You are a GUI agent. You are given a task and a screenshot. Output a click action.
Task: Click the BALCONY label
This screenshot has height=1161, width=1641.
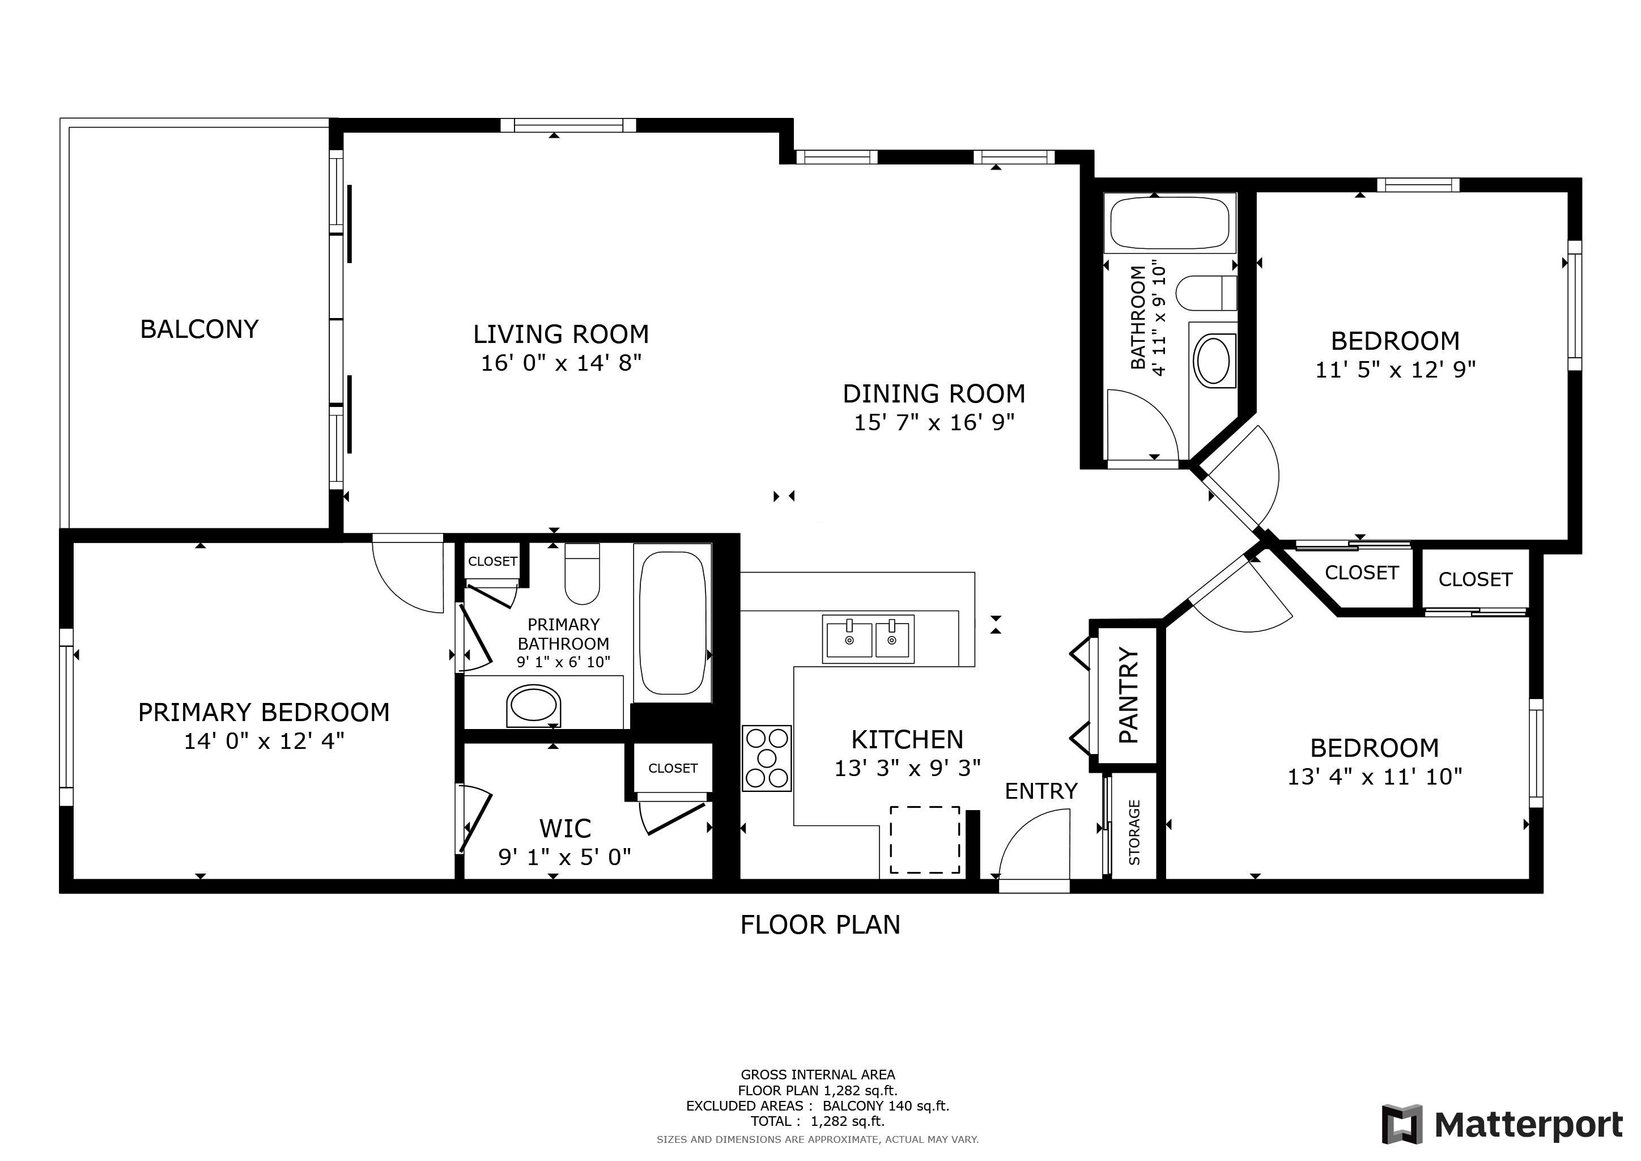199,329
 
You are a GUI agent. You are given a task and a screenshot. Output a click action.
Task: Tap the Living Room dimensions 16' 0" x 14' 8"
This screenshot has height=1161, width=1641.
561,363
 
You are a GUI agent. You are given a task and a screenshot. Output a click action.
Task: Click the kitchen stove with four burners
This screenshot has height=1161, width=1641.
767,758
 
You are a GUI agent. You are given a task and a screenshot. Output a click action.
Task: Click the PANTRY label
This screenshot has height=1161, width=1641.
1127,695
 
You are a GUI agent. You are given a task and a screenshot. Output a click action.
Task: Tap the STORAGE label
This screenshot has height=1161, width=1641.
1134,832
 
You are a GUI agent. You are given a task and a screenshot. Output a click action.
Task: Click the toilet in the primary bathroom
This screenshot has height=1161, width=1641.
582,574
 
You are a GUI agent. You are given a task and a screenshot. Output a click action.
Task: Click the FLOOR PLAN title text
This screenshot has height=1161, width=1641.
820,925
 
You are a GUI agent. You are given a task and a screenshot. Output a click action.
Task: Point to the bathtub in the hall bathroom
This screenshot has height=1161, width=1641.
1170,222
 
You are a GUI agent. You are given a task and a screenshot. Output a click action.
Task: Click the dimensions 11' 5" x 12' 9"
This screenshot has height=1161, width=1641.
1395,370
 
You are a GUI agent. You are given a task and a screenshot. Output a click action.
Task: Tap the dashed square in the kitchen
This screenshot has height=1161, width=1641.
925,840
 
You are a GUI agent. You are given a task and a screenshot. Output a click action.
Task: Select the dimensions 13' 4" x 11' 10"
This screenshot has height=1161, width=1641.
1375,777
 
